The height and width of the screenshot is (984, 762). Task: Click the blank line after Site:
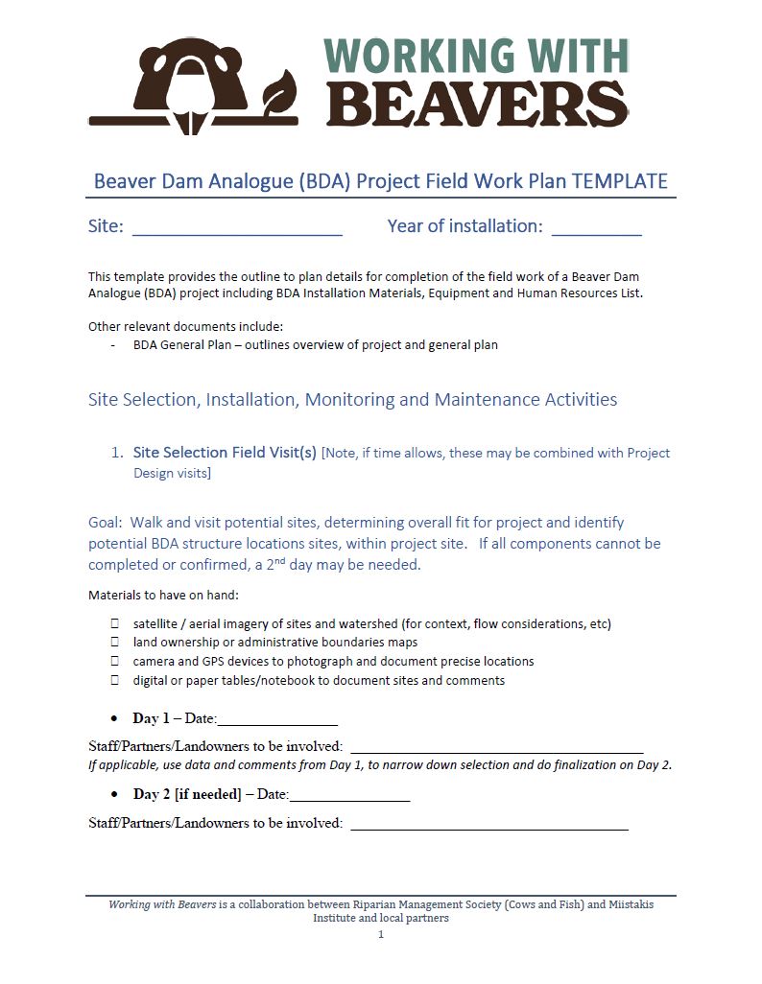(x=237, y=228)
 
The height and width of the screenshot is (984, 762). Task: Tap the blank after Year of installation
(x=596, y=228)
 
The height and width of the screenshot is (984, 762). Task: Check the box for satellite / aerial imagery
(x=114, y=623)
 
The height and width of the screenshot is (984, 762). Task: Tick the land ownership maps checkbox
(x=114, y=643)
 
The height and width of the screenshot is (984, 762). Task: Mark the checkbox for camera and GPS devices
(x=114, y=662)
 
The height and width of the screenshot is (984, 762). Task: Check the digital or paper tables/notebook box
(x=114, y=681)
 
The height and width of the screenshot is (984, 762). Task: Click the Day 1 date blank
(x=277, y=720)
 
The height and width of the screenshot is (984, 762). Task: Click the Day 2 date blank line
(x=349, y=796)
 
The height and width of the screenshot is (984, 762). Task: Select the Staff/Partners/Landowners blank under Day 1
(x=496, y=748)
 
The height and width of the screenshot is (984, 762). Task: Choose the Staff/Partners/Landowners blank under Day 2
(x=489, y=824)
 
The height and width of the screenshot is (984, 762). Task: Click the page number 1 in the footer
(x=381, y=935)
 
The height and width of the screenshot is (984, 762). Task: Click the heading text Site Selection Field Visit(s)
(x=225, y=453)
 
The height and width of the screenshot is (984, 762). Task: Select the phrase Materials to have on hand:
(x=159, y=596)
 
